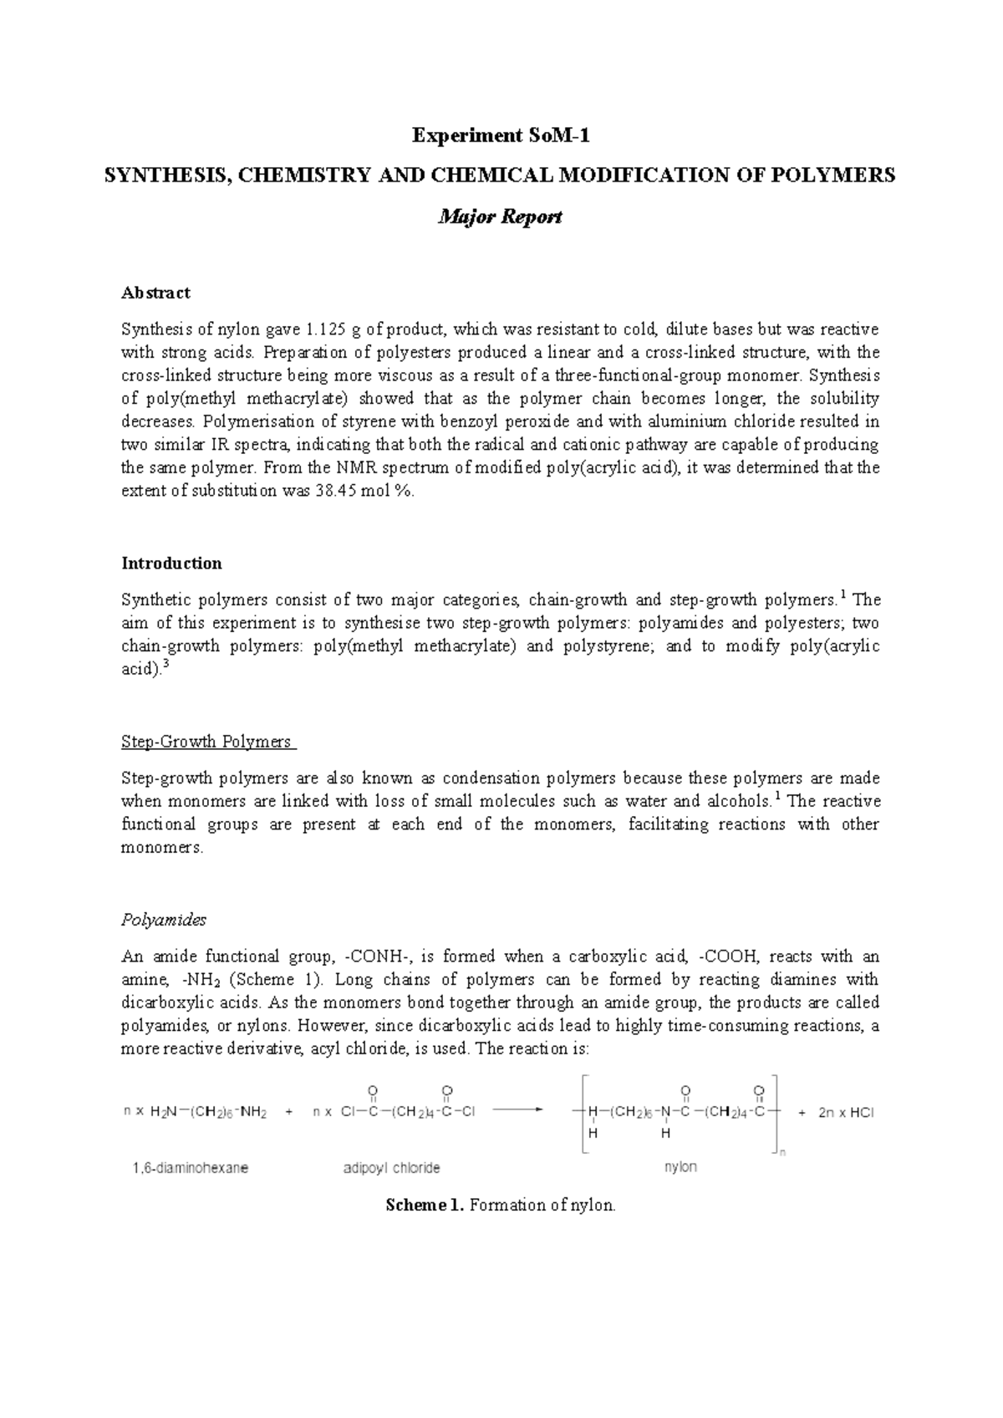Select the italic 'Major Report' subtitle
coord(501,217)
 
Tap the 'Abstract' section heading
coord(155,293)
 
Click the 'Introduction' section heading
coord(171,563)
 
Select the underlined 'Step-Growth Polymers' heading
coord(206,742)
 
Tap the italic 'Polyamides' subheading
coord(163,920)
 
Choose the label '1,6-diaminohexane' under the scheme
coord(190,1168)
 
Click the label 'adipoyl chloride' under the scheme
coord(392,1168)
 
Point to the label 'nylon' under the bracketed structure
coord(680,1167)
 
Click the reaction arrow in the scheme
coord(518,1112)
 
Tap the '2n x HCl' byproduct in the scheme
coord(845,1113)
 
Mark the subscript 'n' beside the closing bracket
coord(782,1154)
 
